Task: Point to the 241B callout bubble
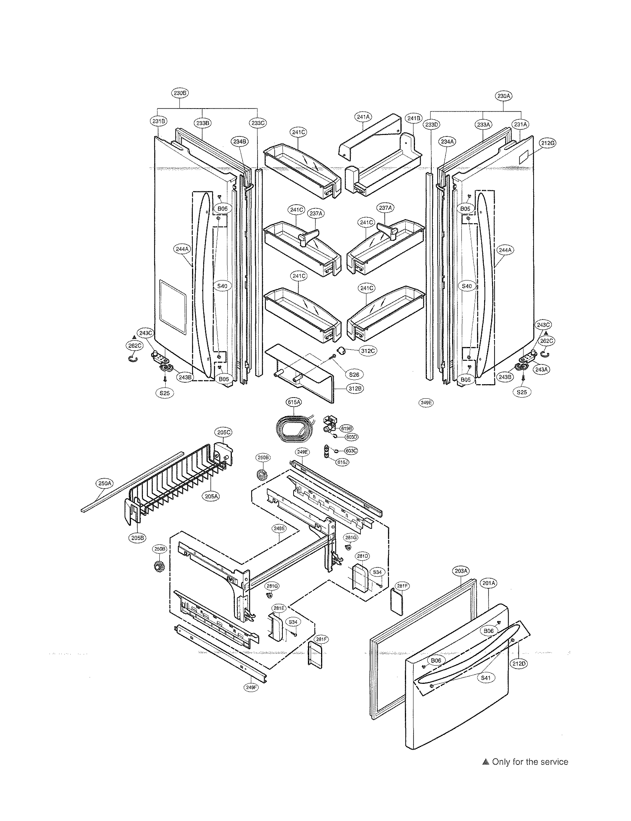[413, 118]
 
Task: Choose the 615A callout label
[294, 402]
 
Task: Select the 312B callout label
[355, 388]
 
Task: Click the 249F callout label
[251, 688]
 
